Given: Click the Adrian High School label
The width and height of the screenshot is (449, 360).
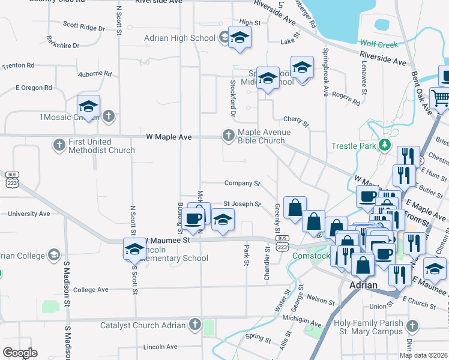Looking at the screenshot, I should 179,38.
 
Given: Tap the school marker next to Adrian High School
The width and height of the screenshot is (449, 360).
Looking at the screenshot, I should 240,39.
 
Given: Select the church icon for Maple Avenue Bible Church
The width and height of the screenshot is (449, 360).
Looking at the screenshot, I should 228,136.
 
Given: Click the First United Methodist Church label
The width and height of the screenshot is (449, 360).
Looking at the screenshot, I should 101,145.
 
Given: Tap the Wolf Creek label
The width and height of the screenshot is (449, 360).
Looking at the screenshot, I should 379,44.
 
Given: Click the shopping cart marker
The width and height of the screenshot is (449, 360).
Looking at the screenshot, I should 441,97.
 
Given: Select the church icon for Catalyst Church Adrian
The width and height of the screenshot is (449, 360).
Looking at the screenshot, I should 194,325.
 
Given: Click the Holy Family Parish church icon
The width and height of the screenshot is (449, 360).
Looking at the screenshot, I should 411,326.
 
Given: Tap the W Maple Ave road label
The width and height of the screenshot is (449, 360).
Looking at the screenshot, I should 169,137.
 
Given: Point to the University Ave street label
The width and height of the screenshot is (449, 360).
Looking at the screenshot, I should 28,214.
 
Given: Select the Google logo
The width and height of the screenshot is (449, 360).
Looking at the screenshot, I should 20,353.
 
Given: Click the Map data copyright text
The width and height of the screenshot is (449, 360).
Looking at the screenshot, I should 423,355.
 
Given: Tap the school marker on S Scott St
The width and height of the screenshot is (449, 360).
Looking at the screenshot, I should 134,248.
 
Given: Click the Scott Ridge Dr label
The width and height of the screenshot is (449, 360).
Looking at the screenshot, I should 83,26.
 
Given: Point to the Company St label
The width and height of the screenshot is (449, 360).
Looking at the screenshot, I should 242,183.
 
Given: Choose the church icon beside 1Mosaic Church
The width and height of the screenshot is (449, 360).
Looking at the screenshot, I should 108,116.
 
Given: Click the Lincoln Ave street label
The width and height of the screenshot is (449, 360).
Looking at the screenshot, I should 160,347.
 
